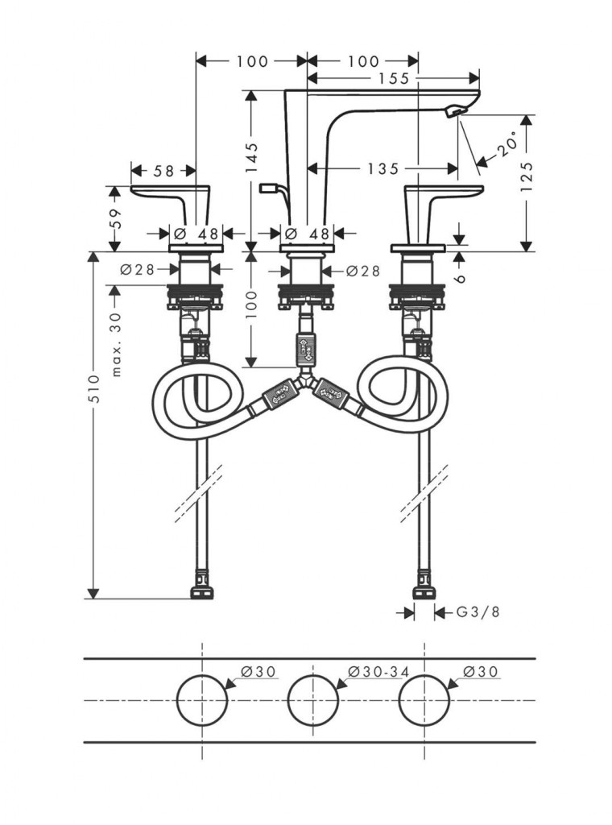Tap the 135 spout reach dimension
[x=382, y=168]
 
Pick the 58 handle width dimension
[x=163, y=170]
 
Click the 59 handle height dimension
[x=114, y=218]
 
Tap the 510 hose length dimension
[x=94, y=389]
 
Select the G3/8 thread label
[x=478, y=612]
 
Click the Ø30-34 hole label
[x=374, y=671]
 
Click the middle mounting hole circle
[x=312, y=699]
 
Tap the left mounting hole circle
[x=201, y=699]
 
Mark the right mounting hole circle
[x=424, y=699]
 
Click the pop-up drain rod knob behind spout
[x=268, y=188]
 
